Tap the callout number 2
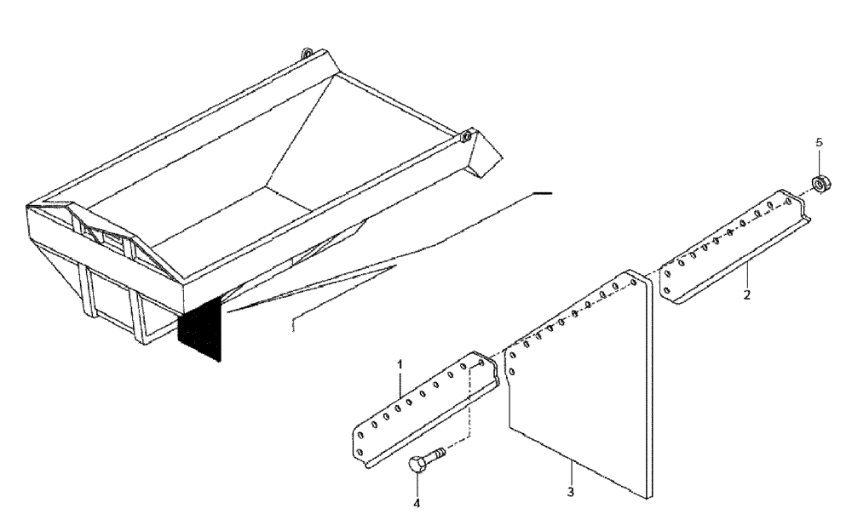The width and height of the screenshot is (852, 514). click(x=747, y=297)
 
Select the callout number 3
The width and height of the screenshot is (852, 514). click(x=571, y=492)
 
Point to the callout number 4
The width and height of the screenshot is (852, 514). click(x=417, y=503)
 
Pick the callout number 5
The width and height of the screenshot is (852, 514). click(x=820, y=142)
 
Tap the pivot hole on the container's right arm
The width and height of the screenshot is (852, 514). click(x=467, y=135)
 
